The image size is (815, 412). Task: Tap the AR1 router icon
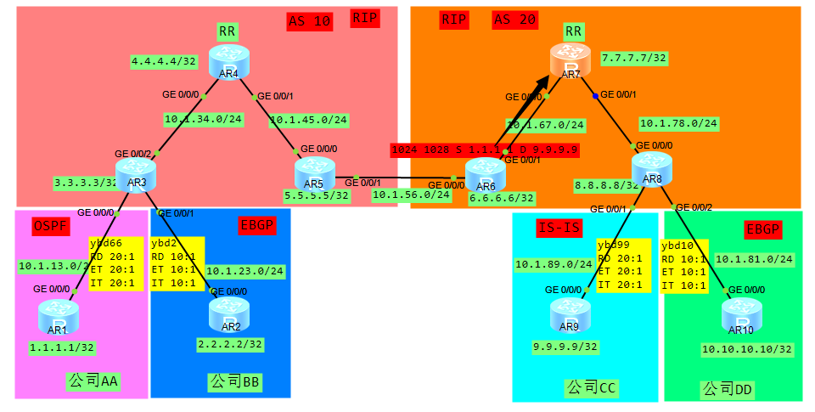[58, 316]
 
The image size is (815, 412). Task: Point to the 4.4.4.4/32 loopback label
[164, 62]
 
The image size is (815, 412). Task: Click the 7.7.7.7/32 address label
[633, 59]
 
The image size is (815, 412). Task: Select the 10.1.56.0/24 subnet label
[411, 195]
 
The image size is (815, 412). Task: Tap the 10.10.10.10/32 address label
[746, 349]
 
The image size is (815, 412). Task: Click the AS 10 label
[309, 23]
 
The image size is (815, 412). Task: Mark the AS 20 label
[514, 20]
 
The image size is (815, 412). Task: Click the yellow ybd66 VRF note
[116, 264]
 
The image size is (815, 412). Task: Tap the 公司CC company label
[590, 388]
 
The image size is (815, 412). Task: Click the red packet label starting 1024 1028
[485, 150]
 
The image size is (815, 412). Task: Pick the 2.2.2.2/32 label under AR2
[230, 345]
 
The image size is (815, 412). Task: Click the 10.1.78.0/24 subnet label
[677, 123]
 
